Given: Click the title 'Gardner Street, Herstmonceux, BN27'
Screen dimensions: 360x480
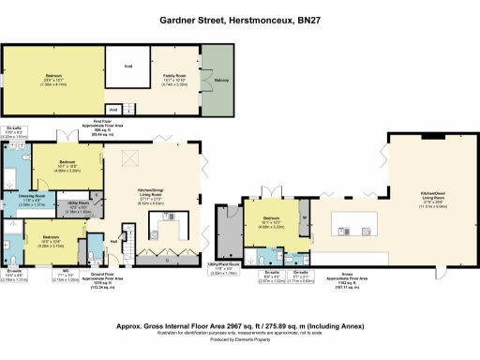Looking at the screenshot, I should pyautogui.click(x=239, y=18).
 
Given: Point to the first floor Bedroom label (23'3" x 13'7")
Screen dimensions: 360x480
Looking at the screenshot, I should pyautogui.click(x=54, y=79).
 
